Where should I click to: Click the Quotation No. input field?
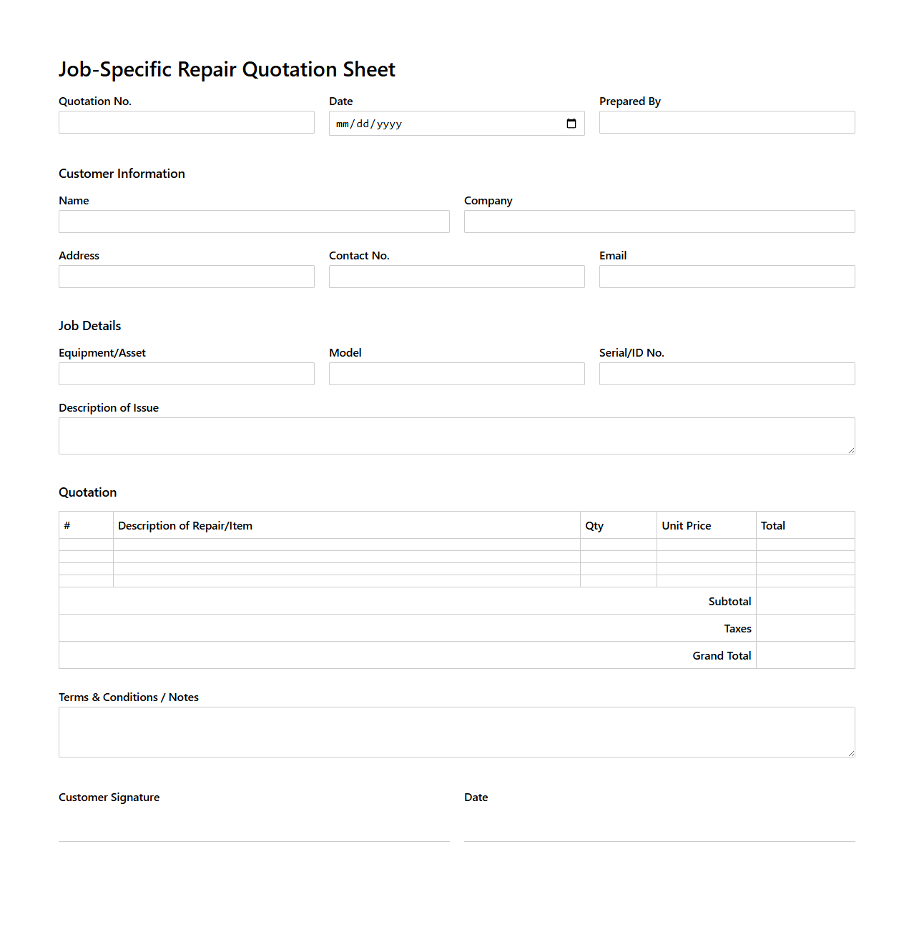click(186, 122)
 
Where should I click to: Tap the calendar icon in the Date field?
click(571, 124)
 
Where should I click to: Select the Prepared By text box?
click(727, 122)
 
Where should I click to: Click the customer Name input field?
click(254, 222)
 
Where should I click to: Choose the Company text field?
click(659, 222)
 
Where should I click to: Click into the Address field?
click(186, 277)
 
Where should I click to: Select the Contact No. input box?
click(456, 277)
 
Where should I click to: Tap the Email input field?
click(727, 277)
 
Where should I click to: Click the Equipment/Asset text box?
click(186, 374)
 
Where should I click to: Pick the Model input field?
click(456, 374)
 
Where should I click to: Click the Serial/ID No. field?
click(727, 374)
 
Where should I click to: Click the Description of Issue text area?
click(456, 436)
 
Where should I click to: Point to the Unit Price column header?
click(687, 526)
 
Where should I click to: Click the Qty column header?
click(594, 526)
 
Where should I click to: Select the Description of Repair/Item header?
click(185, 526)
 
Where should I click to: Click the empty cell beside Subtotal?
click(805, 601)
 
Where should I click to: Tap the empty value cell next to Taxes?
click(805, 628)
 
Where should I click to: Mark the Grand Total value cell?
click(805, 655)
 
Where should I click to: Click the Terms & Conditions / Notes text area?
click(456, 732)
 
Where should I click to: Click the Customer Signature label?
click(109, 798)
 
